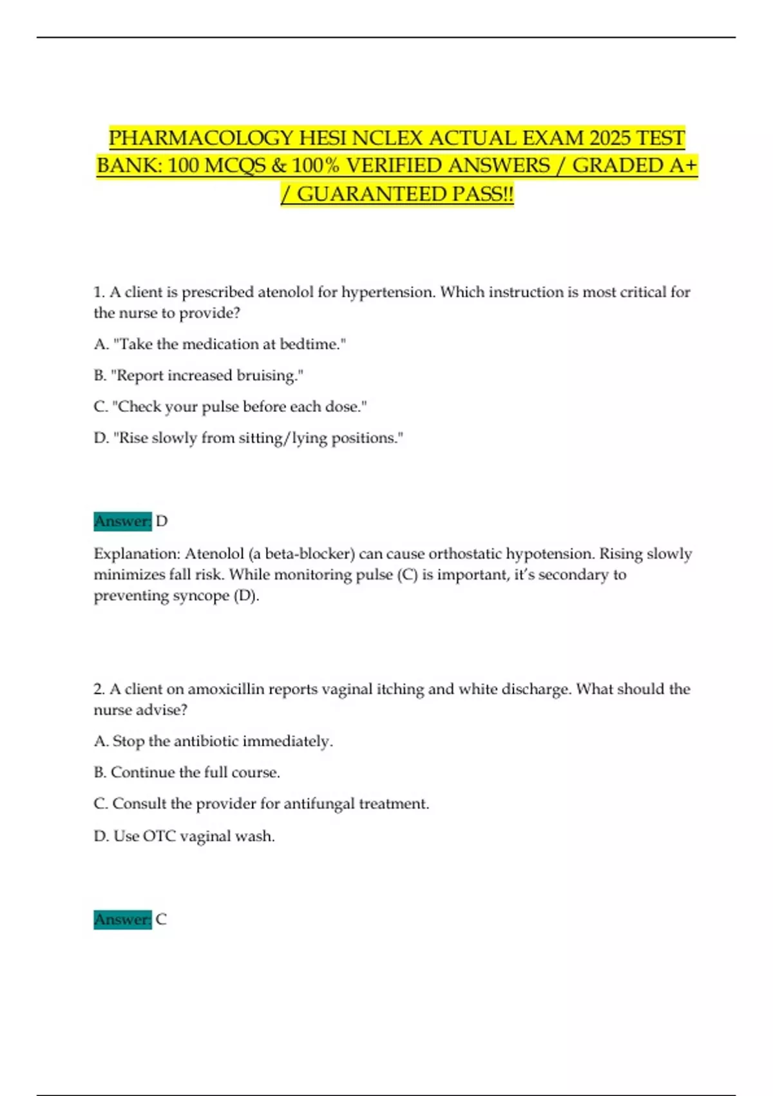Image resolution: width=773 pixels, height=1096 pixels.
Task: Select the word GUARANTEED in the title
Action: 370,193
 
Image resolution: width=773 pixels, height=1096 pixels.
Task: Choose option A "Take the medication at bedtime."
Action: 220,344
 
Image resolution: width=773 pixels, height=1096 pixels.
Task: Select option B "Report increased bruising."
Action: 198,375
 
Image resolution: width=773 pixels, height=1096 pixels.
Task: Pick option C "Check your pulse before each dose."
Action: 230,407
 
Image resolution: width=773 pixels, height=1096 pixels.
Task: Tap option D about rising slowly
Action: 249,438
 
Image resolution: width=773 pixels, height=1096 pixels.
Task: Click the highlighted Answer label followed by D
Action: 122,521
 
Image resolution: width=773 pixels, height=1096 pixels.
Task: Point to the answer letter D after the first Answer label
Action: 162,521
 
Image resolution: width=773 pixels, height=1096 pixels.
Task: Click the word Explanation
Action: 137,554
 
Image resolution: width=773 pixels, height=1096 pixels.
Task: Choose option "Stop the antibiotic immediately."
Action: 213,741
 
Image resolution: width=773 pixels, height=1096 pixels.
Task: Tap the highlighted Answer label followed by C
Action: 122,919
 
